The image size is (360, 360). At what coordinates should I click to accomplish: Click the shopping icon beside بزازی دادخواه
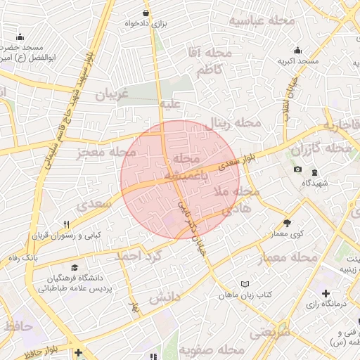[x=146, y=13]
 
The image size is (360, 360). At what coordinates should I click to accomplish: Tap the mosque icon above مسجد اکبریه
[x=298, y=50]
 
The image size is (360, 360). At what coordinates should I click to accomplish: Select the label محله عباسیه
[x=262, y=21]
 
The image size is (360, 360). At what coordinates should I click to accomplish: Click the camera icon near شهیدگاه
[x=297, y=169]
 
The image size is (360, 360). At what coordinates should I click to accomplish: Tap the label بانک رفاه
[x=23, y=258]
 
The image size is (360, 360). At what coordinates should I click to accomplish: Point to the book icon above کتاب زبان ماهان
[x=245, y=283]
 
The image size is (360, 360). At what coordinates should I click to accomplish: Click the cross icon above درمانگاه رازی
[x=326, y=292]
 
